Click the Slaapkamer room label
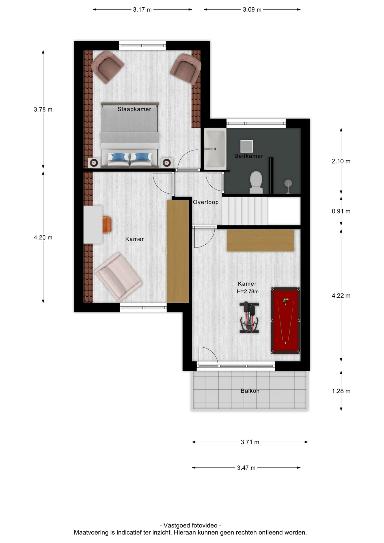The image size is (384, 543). pyautogui.click(x=134, y=109)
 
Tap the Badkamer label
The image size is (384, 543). pyautogui.click(x=249, y=156)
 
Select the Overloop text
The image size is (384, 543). pyautogui.click(x=206, y=202)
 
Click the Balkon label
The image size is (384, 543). pyautogui.click(x=250, y=391)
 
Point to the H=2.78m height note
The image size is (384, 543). pyautogui.click(x=248, y=292)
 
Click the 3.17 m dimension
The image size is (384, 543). pyautogui.click(x=142, y=10)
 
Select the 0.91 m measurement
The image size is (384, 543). pyautogui.click(x=341, y=211)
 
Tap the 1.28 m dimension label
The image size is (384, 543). pyautogui.click(x=341, y=391)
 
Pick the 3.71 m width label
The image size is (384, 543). pyautogui.click(x=250, y=442)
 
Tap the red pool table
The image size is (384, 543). pyautogui.click(x=285, y=321)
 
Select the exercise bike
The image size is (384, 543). pyautogui.click(x=249, y=317)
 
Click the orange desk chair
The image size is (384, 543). pyautogui.click(x=107, y=225)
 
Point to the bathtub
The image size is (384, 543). pyautogui.click(x=215, y=149)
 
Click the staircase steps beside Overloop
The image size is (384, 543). pyautogui.click(x=245, y=211)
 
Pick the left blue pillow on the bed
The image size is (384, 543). pyautogui.click(x=118, y=157)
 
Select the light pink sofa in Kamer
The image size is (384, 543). pyautogui.click(x=118, y=277)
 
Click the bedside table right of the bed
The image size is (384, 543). pyautogui.click(x=167, y=163)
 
